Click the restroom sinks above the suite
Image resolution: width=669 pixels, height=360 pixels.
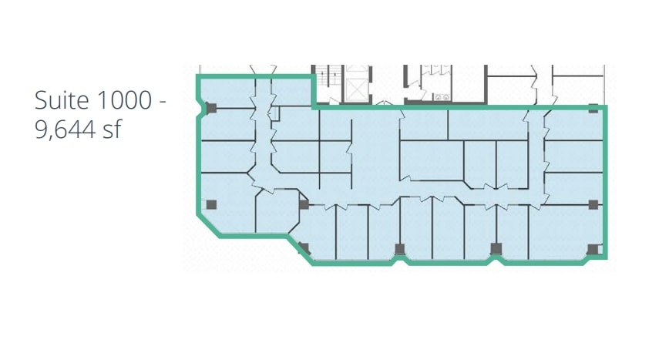(x=443, y=96)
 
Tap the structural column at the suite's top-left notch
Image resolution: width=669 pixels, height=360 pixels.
(x=211, y=109)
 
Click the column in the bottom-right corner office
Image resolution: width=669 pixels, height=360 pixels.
(x=592, y=249)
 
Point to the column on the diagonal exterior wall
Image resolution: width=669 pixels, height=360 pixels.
(x=304, y=248)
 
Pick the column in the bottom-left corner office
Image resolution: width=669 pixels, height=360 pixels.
(x=211, y=204)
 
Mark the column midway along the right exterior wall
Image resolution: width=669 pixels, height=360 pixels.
(x=593, y=204)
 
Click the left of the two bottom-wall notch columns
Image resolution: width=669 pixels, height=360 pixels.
(x=399, y=248)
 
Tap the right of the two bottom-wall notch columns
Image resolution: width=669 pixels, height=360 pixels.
(x=496, y=248)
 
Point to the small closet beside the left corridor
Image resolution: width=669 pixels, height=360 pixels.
(x=274, y=114)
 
